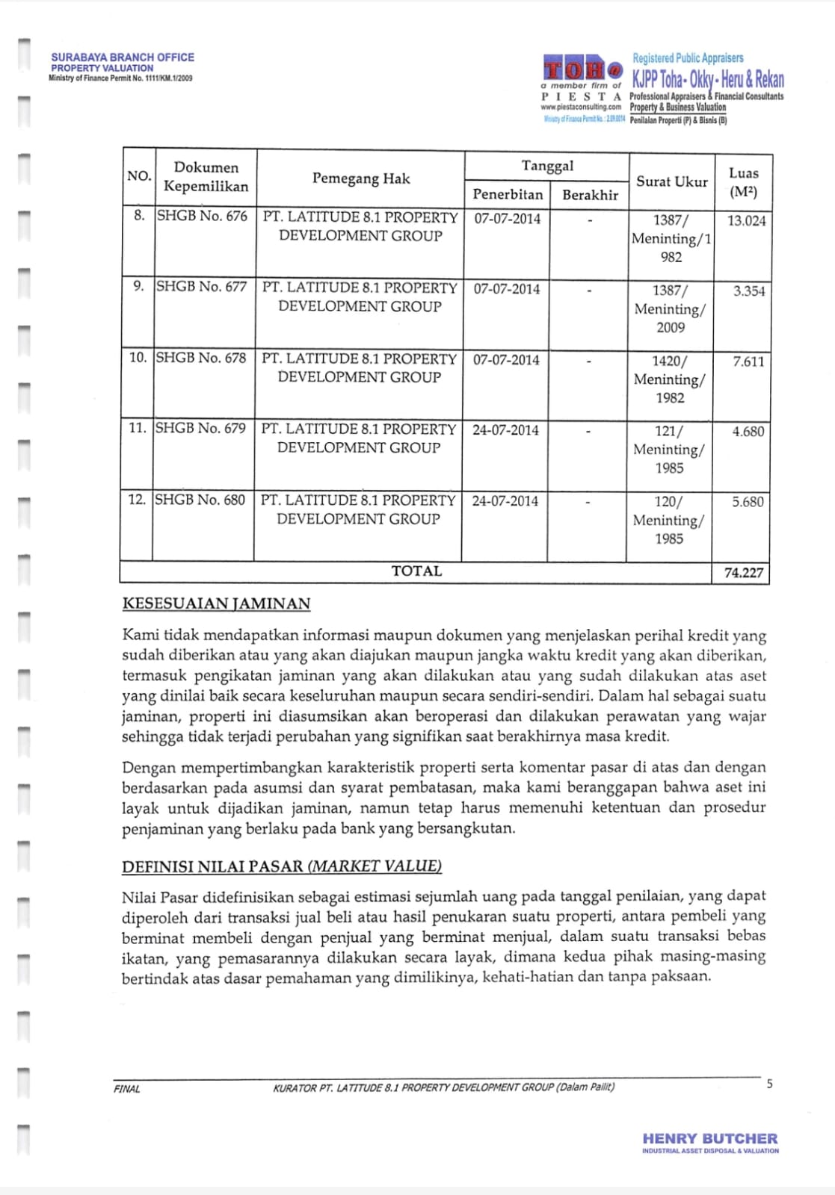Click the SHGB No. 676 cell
click(x=202, y=217)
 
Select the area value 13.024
click(x=746, y=221)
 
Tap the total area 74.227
click(x=743, y=573)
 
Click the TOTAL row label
click(x=416, y=571)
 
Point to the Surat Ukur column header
click(x=671, y=181)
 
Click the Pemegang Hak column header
click(x=361, y=179)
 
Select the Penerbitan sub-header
click(x=508, y=195)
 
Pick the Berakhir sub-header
click(x=590, y=195)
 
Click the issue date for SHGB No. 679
click(x=505, y=430)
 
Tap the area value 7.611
click(x=748, y=362)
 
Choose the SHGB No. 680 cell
click(x=200, y=500)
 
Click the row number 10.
click(x=138, y=358)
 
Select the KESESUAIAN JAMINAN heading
click(x=216, y=603)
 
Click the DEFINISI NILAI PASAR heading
click(x=282, y=866)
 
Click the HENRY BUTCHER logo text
click(x=709, y=1139)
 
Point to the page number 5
click(x=769, y=1084)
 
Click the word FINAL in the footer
click(x=127, y=1089)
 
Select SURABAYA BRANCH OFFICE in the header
click(x=123, y=57)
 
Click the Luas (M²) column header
click(x=743, y=182)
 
